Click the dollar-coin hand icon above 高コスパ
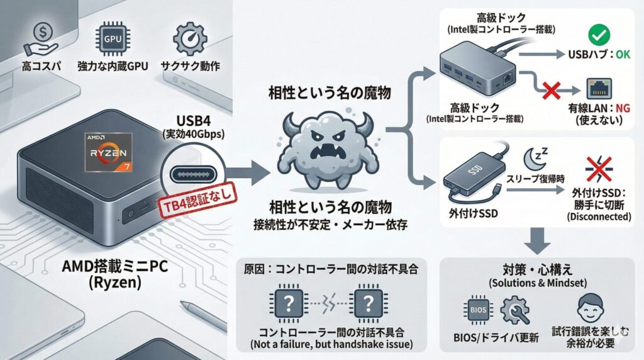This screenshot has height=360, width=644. (36, 39)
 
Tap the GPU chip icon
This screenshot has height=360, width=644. (112, 39)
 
